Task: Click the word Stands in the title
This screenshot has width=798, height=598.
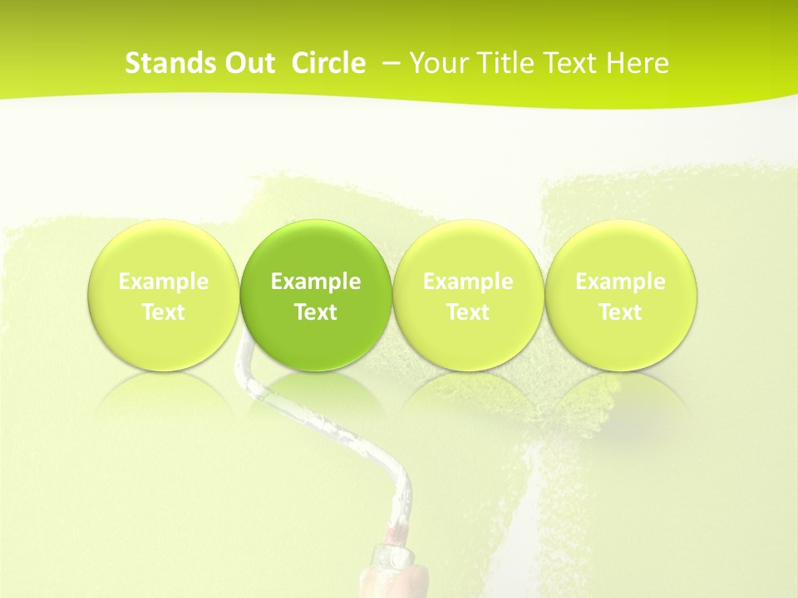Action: (x=163, y=63)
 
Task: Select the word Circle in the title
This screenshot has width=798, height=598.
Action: (x=328, y=63)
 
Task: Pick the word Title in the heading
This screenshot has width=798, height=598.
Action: (x=502, y=63)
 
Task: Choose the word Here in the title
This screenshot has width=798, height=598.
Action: (x=638, y=63)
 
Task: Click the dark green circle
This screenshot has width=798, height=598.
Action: (x=316, y=249)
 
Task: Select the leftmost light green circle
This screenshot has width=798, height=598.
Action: (x=164, y=249)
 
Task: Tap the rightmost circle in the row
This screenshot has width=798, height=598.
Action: (x=620, y=249)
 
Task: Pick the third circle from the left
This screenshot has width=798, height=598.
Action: (x=468, y=249)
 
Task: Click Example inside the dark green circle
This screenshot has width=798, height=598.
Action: (x=316, y=282)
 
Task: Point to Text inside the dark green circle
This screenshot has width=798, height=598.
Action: (x=316, y=312)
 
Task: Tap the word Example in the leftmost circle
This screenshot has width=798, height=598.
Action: (x=164, y=282)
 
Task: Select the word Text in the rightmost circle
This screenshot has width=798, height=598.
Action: (x=620, y=312)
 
